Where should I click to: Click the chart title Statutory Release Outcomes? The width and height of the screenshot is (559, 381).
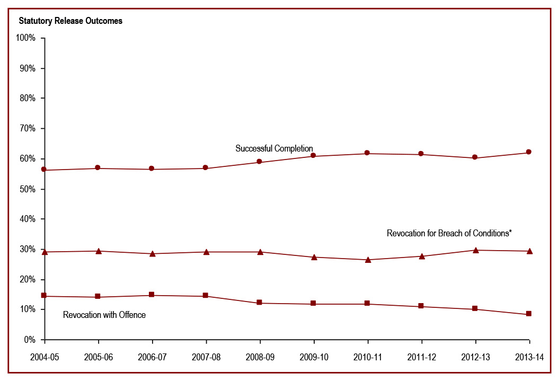(x=70, y=21)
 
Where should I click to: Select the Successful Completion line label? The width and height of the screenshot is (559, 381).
(x=274, y=148)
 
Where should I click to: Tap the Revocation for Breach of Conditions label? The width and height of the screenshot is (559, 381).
(x=449, y=233)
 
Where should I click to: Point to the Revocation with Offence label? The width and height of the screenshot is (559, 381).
(x=104, y=315)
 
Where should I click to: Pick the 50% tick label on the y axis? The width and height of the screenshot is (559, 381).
(x=26, y=189)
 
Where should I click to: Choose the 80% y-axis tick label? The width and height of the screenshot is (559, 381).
(x=26, y=99)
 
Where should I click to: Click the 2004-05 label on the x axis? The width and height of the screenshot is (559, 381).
(x=45, y=357)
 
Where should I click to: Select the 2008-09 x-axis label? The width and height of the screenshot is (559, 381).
(x=260, y=357)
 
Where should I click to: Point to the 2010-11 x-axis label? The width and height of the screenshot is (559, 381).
(x=367, y=357)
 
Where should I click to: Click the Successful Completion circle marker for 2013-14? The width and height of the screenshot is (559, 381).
(x=529, y=152)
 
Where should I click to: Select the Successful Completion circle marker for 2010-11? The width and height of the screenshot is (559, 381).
(x=367, y=153)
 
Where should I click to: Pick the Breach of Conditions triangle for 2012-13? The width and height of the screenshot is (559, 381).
(x=475, y=250)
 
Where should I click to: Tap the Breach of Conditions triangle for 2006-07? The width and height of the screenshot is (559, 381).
(x=152, y=253)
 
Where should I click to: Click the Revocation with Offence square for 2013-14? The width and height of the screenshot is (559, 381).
(x=529, y=314)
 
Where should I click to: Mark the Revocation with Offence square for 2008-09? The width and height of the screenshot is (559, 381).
(x=260, y=303)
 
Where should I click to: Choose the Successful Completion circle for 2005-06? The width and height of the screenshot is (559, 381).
(x=98, y=168)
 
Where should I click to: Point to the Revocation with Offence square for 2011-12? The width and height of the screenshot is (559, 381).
(x=421, y=306)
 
